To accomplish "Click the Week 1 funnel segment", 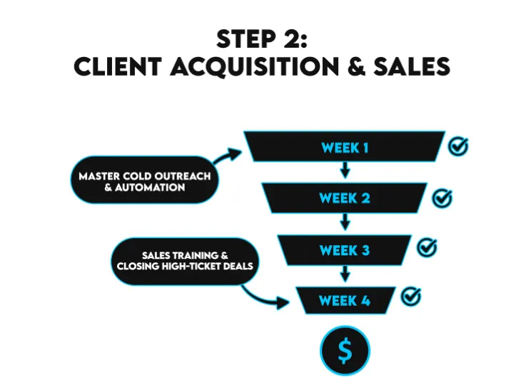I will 345,148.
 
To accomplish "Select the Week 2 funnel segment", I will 345,198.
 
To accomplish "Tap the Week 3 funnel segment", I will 345,250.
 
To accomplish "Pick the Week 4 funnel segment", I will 345,300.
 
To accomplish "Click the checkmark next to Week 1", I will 458,146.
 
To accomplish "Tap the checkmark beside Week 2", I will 442,197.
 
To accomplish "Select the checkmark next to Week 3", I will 427,247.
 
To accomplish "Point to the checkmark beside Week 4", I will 411,296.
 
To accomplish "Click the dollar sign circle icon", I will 345,350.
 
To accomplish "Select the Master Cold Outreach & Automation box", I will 145,181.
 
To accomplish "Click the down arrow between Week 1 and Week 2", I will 345,171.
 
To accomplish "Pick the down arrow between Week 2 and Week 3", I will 345,222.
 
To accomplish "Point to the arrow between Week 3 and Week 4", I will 345,273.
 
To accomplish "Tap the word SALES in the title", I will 415,66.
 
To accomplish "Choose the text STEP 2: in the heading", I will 262,39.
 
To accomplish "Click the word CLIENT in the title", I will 118,66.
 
